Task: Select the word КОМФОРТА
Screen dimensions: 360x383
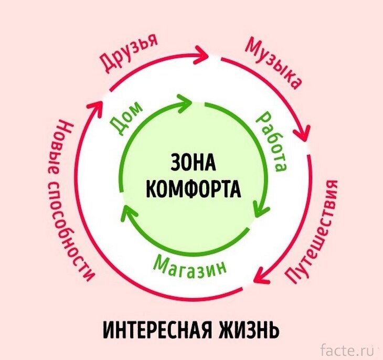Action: click(x=193, y=188)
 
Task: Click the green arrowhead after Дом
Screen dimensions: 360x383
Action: click(x=186, y=101)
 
